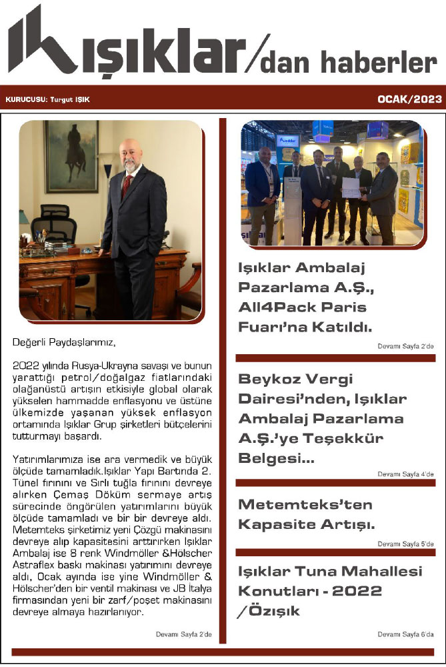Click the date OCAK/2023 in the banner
click(x=409, y=99)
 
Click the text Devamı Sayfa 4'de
click(x=406, y=474)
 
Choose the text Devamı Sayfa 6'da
click(x=406, y=634)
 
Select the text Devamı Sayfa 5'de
click(x=406, y=544)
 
